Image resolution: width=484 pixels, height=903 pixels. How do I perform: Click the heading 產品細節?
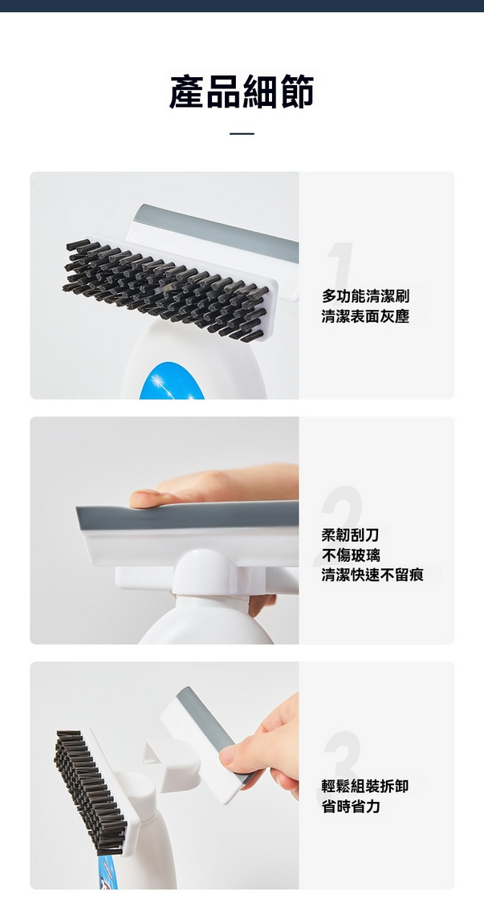tap(242, 92)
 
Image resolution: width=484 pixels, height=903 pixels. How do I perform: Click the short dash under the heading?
tap(242, 133)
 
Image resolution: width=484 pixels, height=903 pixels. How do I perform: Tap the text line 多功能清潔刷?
tap(365, 296)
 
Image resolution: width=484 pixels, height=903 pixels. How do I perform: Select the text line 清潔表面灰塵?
tap(365, 317)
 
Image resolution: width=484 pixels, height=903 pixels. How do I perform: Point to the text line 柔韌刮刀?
tap(350, 535)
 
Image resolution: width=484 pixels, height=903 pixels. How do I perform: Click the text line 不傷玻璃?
tap(350, 555)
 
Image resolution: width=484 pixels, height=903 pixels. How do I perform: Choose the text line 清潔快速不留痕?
tap(372, 575)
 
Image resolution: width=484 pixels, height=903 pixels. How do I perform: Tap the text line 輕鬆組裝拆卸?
tap(365, 786)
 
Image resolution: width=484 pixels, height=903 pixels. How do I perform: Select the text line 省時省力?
tap(350, 806)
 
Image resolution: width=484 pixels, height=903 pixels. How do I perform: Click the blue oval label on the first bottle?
tap(172, 381)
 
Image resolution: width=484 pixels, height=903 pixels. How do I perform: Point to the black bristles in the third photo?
tap(89, 791)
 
